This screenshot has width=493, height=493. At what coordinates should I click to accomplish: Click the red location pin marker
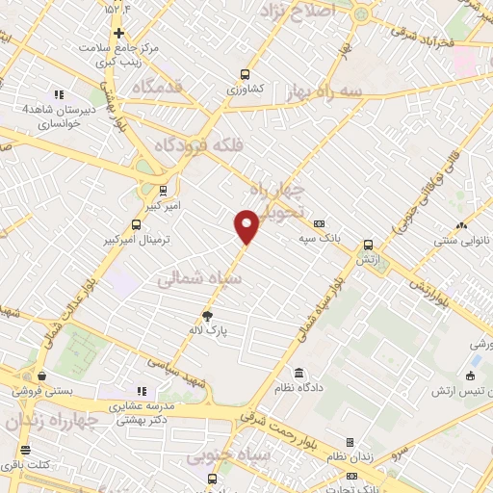(x=246, y=224)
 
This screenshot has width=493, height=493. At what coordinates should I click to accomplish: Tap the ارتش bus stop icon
(x=368, y=245)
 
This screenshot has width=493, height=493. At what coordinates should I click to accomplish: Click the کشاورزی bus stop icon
(x=246, y=73)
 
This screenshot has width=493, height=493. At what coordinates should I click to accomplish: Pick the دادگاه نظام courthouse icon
(x=299, y=373)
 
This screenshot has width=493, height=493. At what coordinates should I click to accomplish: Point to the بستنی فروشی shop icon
(x=41, y=376)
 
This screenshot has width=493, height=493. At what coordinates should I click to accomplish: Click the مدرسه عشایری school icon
(x=142, y=391)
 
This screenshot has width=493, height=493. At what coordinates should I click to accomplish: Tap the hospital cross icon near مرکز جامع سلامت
(x=118, y=32)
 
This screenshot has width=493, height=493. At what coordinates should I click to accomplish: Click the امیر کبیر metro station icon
(x=163, y=190)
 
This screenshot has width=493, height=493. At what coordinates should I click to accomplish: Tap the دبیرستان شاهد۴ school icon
(x=59, y=94)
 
